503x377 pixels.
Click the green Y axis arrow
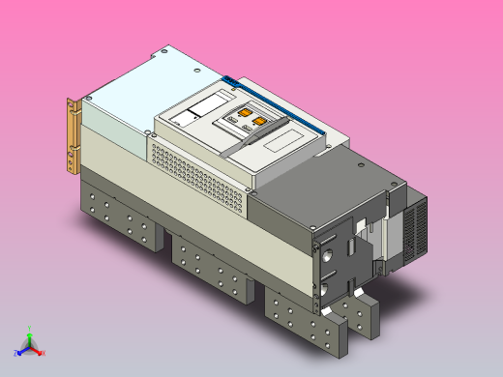tap(29, 338)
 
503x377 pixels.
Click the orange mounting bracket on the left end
tap(72, 135)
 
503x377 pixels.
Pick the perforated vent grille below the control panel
tap(198, 174)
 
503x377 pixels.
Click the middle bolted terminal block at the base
tap(208, 266)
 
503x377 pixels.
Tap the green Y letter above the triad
tap(29, 328)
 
